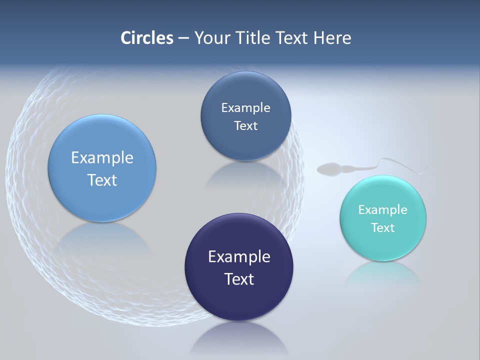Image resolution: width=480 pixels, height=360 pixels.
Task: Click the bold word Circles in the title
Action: [146, 38]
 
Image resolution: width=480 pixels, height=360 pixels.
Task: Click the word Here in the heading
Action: [332, 38]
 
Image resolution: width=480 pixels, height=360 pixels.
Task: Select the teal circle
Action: [383, 245]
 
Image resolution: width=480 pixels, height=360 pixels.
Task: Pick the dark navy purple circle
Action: [239, 300]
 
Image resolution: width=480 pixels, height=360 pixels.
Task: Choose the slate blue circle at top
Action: [245, 145]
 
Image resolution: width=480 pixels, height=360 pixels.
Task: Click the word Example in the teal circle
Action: [382, 210]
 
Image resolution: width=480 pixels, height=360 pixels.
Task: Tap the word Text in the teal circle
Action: [382, 228]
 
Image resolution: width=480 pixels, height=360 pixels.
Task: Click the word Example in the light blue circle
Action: [102, 158]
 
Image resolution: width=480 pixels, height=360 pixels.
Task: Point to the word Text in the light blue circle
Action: [102, 180]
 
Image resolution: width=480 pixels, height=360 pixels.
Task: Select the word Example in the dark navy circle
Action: [239, 257]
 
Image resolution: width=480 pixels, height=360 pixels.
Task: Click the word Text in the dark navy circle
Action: [239, 279]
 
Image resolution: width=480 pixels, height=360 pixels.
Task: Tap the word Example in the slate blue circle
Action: [245, 108]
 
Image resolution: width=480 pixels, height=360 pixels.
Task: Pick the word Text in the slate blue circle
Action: [245, 126]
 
